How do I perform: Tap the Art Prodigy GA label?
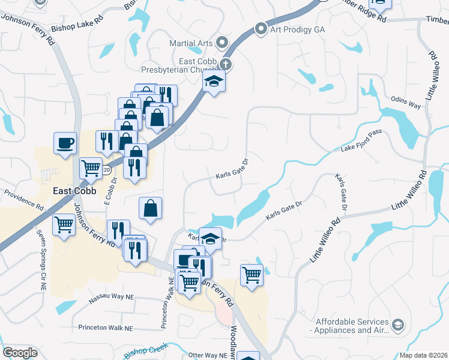click(x=291, y=28)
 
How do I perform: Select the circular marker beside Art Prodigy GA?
click(x=261, y=28)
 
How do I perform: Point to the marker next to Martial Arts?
click(x=223, y=42)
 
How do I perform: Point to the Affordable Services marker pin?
click(x=397, y=325)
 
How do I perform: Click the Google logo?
click(x=20, y=353)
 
